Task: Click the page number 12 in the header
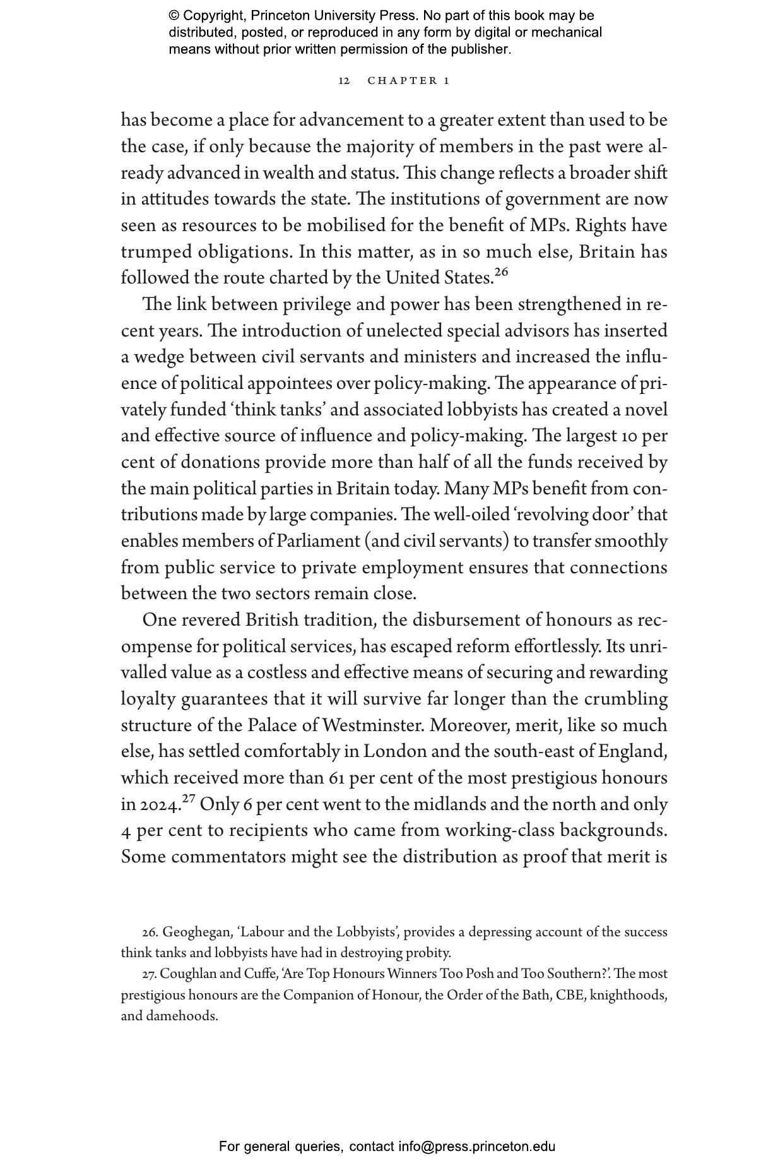pyautogui.click(x=344, y=81)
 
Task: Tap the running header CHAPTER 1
pyautogui.click(x=408, y=81)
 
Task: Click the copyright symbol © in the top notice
pyautogui.click(x=174, y=16)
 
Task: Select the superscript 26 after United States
pyautogui.click(x=501, y=273)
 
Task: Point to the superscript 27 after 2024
pyautogui.click(x=189, y=799)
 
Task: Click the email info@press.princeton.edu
pyautogui.click(x=476, y=1147)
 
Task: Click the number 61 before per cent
pyautogui.click(x=337, y=778)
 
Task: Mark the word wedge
pyautogui.click(x=158, y=357)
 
